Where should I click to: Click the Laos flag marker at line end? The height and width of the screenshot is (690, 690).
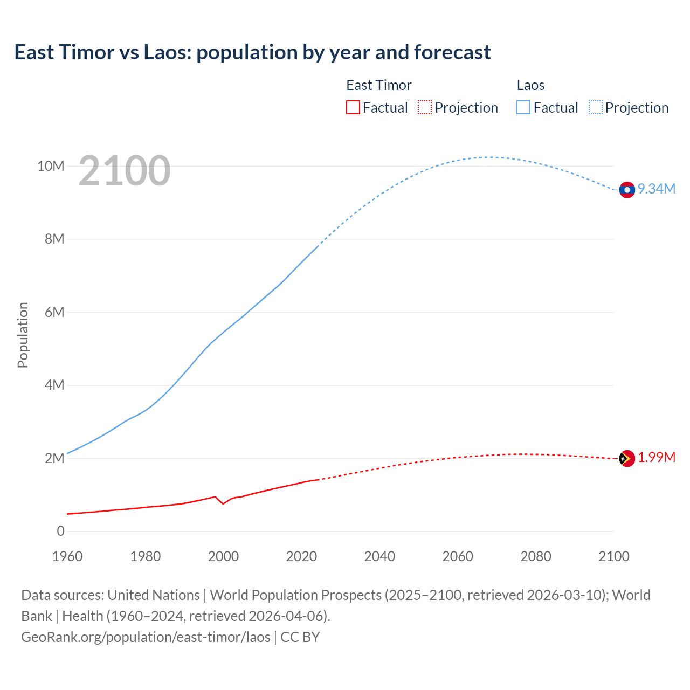[627, 190]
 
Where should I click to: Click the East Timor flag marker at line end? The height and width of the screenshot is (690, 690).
[627, 459]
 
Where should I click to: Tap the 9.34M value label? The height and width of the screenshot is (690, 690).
[657, 189]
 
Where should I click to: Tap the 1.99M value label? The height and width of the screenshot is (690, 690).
[657, 458]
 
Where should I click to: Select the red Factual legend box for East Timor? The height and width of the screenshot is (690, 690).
[353, 107]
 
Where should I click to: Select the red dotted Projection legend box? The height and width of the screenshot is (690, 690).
[425, 107]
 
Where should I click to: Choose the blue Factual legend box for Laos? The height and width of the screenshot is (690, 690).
[523, 107]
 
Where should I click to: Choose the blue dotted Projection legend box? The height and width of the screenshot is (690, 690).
[596, 107]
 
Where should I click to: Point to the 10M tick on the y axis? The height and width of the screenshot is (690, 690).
[51, 166]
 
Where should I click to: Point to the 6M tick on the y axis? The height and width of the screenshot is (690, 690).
[54, 312]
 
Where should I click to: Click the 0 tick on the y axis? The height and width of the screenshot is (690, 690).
[60, 531]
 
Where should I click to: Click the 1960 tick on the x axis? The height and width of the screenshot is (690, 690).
[67, 556]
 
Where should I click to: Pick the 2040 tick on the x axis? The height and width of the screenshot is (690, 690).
[379, 556]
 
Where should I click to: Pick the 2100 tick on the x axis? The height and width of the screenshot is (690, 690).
[613, 556]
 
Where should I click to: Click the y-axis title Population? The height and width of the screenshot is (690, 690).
[23, 335]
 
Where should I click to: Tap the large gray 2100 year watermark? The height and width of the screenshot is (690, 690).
[125, 171]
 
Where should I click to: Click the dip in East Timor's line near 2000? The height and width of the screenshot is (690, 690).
[223, 503]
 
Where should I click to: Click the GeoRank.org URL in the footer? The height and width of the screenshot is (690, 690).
[146, 637]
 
